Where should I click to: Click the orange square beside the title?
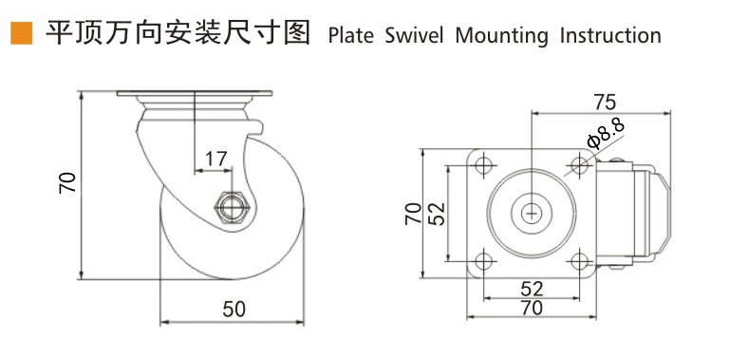point(22,33)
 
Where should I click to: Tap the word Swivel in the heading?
point(414,36)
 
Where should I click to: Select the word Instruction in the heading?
point(610,36)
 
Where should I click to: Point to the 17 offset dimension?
point(215,159)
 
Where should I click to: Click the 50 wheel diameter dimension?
point(234,310)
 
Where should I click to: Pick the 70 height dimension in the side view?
point(68,182)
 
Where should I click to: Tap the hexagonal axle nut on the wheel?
point(232,208)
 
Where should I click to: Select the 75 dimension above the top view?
point(605,102)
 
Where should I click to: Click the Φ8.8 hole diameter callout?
point(607,133)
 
